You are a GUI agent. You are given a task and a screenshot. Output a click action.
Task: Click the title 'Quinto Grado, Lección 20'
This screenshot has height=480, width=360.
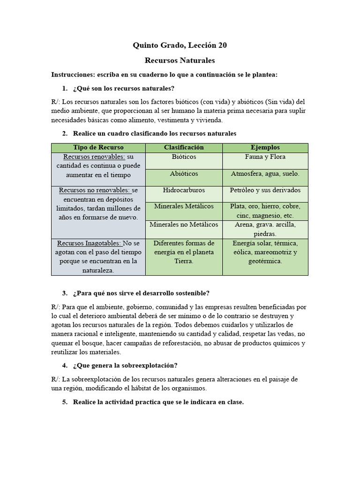[180, 45]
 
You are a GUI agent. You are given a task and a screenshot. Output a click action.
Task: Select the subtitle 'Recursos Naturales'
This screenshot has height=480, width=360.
[180, 60]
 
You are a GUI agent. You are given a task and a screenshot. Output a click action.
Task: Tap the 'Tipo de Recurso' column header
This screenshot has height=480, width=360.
[98, 148]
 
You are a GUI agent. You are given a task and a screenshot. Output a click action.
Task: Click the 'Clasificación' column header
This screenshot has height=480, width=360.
[184, 148]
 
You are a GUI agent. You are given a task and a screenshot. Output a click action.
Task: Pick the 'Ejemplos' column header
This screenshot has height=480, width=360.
[265, 148]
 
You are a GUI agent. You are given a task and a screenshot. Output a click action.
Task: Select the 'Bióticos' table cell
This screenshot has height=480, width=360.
[184, 157]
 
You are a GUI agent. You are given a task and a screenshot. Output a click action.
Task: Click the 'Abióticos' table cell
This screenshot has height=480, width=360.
[184, 174]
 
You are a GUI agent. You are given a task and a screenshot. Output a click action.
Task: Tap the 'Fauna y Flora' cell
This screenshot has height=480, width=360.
[265, 157]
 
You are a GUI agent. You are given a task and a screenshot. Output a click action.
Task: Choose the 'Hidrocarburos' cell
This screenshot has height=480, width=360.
[184, 190]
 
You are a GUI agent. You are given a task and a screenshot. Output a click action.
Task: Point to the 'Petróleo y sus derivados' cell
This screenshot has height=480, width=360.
[265, 190]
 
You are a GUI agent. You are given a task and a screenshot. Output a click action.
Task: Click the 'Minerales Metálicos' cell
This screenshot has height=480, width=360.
[184, 206]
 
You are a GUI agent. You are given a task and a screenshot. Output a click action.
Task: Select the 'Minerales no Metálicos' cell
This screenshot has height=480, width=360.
[184, 225]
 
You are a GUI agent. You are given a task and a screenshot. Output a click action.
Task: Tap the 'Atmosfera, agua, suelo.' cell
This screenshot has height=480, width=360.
[265, 174]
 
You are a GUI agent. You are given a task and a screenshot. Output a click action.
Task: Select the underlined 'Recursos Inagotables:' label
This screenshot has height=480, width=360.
[89, 243]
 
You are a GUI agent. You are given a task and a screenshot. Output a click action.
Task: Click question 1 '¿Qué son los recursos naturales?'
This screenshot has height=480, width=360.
[124, 89]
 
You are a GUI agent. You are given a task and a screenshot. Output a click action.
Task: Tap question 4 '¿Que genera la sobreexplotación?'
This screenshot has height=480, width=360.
[125, 365]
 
